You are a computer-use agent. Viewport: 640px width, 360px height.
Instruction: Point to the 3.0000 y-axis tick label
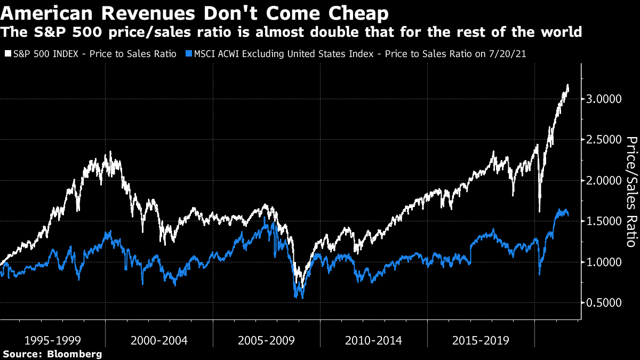point(604,99)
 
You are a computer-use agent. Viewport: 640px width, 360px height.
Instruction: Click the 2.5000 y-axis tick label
point(604,140)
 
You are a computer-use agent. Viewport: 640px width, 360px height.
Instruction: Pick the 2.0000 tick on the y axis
point(604,181)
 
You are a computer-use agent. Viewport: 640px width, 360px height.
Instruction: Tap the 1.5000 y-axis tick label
point(604,221)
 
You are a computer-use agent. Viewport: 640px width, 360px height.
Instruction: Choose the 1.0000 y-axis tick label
point(604,262)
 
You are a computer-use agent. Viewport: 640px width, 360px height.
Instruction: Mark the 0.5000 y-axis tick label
point(604,303)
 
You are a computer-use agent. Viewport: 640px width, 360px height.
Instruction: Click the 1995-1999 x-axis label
point(52,340)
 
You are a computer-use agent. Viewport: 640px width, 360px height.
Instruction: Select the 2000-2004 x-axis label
point(159,340)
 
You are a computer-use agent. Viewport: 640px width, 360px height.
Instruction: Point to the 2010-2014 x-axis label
point(374,340)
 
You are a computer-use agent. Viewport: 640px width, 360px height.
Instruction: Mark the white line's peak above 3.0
point(567,85)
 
